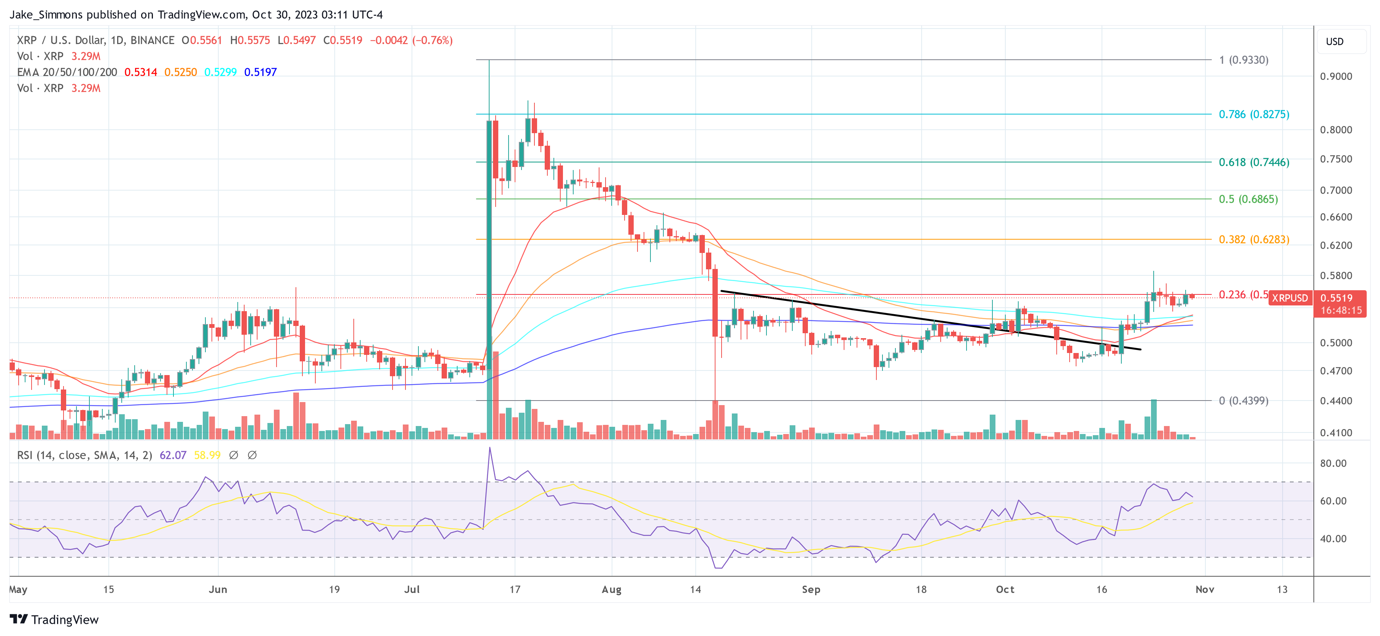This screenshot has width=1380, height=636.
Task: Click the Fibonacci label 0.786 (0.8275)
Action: (1254, 114)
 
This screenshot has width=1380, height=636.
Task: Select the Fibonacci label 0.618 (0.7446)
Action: (1254, 162)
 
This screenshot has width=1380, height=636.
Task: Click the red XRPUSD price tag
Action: (1289, 298)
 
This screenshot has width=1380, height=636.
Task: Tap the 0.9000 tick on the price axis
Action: (1335, 76)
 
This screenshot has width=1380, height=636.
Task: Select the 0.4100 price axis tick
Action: (1335, 432)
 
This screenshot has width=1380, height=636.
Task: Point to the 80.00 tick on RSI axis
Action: (1333, 463)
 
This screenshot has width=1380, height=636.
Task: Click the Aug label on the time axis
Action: (611, 589)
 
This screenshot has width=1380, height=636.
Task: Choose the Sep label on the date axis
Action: (811, 589)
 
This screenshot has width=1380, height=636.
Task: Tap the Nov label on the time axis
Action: (1204, 589)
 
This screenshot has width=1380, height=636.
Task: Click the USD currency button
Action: (1334, 41)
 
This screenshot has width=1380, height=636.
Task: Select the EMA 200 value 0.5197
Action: (260, 72)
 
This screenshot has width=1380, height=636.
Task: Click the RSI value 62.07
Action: (173, 455)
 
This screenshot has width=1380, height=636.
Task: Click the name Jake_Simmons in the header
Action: (46, 14)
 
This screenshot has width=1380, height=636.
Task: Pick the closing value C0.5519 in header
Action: (342, 40)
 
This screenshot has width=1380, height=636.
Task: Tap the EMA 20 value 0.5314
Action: (140, 72)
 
